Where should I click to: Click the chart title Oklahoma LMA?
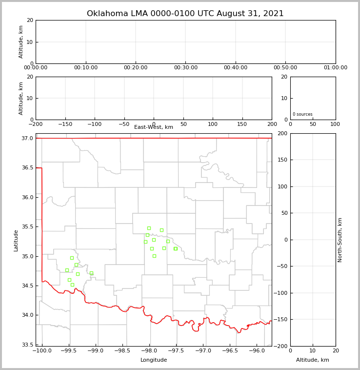tap(185, 14)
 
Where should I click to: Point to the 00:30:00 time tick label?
tap(185, 68)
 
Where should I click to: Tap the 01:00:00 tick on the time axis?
tap(335, 68)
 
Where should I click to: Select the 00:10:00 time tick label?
tap(85, 68)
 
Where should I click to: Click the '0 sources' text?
tap(302, 114)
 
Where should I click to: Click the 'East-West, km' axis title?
tap(154, 127)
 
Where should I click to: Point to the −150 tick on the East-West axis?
tap(65, 124)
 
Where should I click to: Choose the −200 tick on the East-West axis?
tap(36, 124)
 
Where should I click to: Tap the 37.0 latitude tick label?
tap(27, 138)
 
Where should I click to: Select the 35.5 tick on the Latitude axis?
tap(27, 227)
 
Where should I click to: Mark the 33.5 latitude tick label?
tap(27, 345)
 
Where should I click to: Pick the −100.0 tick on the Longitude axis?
tap(42, 351)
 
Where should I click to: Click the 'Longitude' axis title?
tap(154, 360)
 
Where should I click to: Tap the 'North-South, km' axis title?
tap(340, 240)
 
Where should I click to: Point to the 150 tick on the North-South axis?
tap(282, 160)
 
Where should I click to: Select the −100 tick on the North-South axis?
tap(280, 293)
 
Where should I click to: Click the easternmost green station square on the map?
tap(176, 248)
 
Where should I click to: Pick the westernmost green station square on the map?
tap(67, 270)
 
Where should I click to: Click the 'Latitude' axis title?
tap(16, 240)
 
